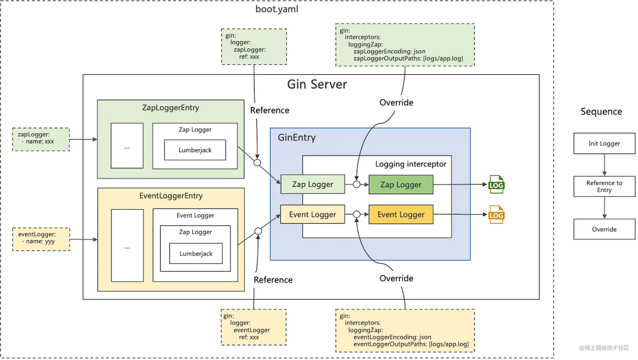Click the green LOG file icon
(x=496, y=184)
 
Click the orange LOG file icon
(x=496, y=215)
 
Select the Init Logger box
(x=604, y=143)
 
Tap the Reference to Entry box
(x=604, y=186)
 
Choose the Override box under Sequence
(x=604, y=229)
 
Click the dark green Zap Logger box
(x=401, y=185)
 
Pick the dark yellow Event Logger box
(x=401, y=215)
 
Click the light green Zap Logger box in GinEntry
(x=313, y=184)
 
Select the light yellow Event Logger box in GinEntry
(x=312, y=214)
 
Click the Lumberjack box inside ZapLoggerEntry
(x=195, y=150)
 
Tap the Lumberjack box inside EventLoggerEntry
(x=196, y=253)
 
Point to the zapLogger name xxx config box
(x=41, y=139)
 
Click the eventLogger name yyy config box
(x=41, y=239)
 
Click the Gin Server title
(x=317, y=84)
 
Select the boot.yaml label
(x=277, y=9)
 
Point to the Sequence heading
(x=601, y=111)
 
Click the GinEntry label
(x=297, y=137)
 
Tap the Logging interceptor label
(x=411, y=164)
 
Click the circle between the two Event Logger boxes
(x=357, y=214)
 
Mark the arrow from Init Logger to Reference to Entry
(x=604, y=165)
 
